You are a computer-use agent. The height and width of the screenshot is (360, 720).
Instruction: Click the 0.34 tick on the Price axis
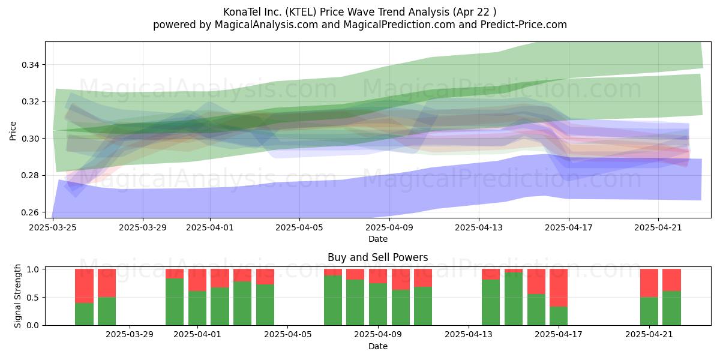coord(30,65)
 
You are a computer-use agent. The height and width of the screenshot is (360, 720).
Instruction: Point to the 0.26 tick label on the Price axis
coord(30,212)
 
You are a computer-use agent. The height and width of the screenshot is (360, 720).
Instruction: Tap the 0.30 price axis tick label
coord(30,139)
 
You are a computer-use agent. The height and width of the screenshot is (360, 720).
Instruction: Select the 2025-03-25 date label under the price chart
coord(53,227)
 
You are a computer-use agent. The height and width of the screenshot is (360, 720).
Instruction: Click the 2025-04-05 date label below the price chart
coord(299,227)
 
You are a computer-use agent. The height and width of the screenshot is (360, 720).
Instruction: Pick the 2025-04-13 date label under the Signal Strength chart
coord(469,335)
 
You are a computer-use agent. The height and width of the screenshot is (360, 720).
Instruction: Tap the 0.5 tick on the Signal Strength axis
coord(34,298)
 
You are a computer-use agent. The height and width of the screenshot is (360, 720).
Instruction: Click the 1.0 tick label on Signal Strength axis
coord(34,269)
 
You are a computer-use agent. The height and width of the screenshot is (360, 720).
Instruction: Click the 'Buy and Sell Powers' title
coord(377,257)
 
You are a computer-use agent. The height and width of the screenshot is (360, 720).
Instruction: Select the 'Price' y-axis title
coord(13,131)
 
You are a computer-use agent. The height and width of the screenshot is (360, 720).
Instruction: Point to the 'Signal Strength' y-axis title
coord(17,296)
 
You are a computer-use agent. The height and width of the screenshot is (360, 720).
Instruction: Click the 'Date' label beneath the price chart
coord(377,239)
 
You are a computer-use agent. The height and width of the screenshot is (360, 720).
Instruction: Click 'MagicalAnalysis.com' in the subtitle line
coord(266,25)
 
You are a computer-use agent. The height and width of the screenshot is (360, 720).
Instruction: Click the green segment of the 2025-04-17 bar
coord(559,316)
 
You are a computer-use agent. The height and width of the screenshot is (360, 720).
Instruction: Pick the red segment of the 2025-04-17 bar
coord(559,288)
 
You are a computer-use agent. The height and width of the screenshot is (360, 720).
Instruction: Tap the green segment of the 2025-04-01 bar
coord(197,308)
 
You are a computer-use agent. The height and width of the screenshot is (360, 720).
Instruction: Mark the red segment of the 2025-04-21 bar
coord(649,283)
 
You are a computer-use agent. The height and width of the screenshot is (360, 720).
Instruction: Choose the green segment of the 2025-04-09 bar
coord(377,304)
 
